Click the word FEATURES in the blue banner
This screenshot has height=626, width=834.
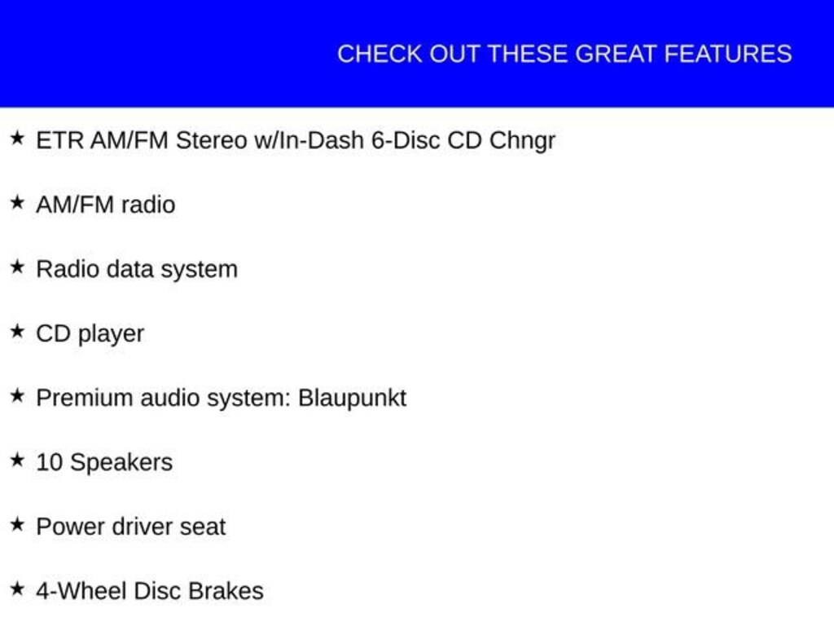(728, 55)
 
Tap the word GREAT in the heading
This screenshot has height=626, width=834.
(616, 55)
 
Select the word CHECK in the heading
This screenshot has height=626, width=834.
(380, 55)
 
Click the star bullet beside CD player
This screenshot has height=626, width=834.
(18, 331)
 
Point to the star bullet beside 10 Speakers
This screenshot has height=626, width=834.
(18, 460)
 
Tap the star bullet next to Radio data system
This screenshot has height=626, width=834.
(18, 267)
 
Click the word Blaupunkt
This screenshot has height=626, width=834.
(352, 399)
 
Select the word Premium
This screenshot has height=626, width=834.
(85, 398)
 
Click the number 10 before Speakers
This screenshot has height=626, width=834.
(50, 462)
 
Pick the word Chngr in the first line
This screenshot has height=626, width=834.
(522, 141)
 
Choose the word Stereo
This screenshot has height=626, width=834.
(212, 140)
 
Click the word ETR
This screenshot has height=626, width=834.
(59, 140)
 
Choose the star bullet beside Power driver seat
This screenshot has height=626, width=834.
(18, 524)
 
